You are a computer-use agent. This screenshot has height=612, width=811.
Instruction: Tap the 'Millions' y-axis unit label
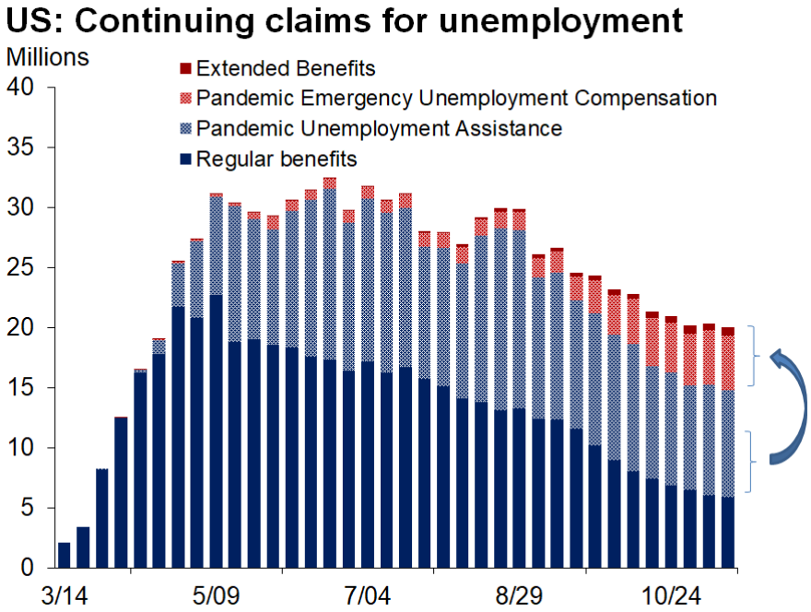pos(48,56)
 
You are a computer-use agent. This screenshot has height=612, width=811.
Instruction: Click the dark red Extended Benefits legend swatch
pos(184,68)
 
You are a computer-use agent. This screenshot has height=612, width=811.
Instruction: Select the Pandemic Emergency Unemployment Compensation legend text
pos(456,98)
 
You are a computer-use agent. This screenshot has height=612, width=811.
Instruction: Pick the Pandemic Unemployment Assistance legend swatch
pos(184,128)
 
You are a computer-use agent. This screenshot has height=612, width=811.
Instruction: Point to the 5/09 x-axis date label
pos(217,594)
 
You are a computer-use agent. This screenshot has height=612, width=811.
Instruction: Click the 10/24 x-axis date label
pos(670,594)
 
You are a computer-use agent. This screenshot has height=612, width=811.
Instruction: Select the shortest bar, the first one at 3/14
pos(64,556)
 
